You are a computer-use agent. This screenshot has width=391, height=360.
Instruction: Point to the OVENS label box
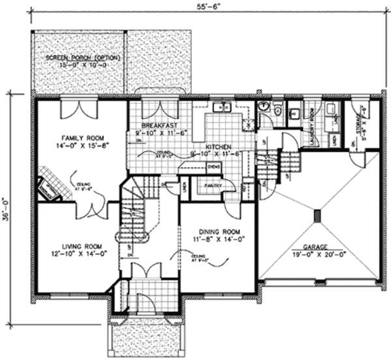(x=213, y=167)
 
